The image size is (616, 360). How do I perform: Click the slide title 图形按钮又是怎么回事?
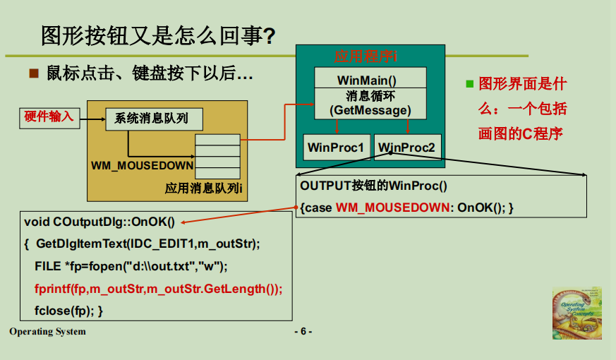tap(157, 35)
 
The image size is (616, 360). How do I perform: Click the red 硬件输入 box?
tap(49, 117)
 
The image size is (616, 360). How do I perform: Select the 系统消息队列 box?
tap(153, 119)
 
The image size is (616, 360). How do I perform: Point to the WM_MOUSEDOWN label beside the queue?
tap(142, 166)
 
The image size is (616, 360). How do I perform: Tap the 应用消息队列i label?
tap(204, 188)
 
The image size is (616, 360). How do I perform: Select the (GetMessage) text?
tap(370, 110)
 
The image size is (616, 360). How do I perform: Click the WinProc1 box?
tap(336, 148)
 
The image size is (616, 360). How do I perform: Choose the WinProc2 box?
tap(407, 148)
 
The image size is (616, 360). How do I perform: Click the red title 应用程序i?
tap(366, 56)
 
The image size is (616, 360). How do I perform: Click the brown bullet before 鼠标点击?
tap(32, 73)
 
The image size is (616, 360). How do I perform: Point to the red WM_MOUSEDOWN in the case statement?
tap(392, 208)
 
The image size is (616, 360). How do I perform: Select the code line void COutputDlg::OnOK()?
tap(99, 222)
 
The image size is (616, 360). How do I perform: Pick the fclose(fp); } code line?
tap(69, 311)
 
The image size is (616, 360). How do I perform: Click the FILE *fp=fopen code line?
tap(131, 266)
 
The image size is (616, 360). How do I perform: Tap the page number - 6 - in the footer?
tap(303, 332)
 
